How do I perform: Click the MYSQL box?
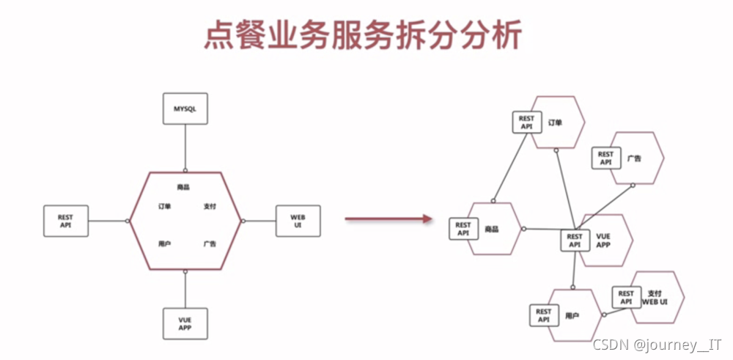coord(185,109)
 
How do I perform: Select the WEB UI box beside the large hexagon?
coord(298,221)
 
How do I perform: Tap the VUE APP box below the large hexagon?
coord(185,323)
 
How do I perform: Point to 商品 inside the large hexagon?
coord(184,187)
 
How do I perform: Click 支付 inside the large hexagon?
coord(210,207)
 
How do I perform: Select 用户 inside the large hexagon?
coord(164,243)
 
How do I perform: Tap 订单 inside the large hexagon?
coord(164,207)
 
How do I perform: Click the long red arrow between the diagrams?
coord(386,218)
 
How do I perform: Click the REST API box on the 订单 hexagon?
coord(526,122)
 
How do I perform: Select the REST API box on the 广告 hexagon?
coord(605,158)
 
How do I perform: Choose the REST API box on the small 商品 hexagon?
coord(463,229)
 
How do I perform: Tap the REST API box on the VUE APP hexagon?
coord(575,240)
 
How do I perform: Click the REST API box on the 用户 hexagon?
coord(543,316)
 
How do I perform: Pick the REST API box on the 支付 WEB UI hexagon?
coord(626,297)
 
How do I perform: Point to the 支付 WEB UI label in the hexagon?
coord(655,297)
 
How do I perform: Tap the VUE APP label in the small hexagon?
coord(603,240)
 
